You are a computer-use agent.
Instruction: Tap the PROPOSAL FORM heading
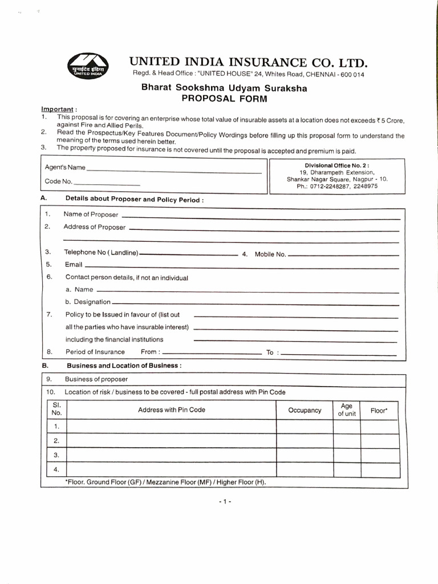pyautogui.click(x=224, y=98)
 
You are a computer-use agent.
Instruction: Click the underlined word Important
pyautogui.click(x=57, y=109)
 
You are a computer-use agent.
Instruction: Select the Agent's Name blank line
pyautogui.click(x=174, y=171)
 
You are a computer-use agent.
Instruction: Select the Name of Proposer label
pyautogui.click(x=91, y=214)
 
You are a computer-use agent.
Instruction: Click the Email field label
pyautogui.click(x=73, y=265)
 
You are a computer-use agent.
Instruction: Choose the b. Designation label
pyautogui.click(x=88, y=302)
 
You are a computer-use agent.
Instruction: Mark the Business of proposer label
pyautogui.click(x=96, y=379)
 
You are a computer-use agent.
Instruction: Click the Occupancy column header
pyautogui.click(x=305, y=410)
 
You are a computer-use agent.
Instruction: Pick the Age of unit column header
pyautogui.click(x=346, y=410)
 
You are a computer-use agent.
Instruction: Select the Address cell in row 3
pyautogui.click(x=172, y=455)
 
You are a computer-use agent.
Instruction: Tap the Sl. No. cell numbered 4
pyautogui.click(x=56, y=469)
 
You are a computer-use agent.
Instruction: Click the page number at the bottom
pyautogui.click(x=224, y=501)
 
